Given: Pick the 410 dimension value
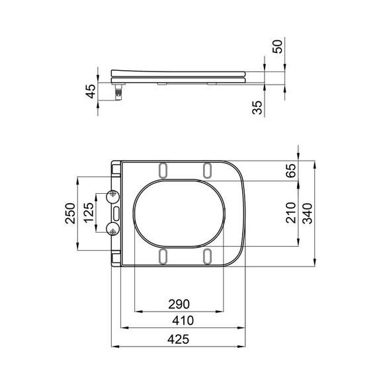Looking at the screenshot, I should [179, 320].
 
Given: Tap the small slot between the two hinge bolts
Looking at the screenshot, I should [116, 213].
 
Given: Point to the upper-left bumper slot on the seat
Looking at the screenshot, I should [162, 169].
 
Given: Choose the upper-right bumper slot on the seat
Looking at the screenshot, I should [208, 169].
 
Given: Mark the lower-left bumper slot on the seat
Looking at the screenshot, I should [162, 256].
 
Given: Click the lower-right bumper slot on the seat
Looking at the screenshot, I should [208, 256].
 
